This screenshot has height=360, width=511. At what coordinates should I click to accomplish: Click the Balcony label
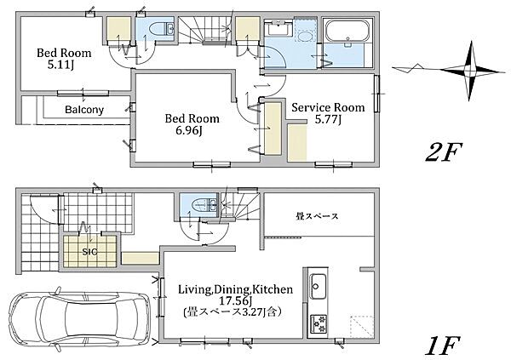click(84, 110)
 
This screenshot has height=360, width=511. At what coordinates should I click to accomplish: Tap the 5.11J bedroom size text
click(60, 66)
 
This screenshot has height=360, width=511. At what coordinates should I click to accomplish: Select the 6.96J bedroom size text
click(189, 131)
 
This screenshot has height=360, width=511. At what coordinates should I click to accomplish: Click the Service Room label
click(328, 107)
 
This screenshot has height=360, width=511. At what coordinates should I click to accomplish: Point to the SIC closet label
click(89, 252)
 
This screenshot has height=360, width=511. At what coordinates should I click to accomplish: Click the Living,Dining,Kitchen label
click(235, 289)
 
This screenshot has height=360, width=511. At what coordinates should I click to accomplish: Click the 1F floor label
click(443, 346)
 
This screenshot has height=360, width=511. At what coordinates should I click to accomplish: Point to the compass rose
click(468, 70)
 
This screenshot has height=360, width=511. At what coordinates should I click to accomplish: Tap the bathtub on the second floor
click(348, 31)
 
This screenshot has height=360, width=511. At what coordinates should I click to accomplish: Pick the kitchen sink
click(318, 286)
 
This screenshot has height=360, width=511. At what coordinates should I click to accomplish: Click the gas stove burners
click(318, 323)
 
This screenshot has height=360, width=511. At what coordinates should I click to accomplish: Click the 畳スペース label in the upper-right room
click(317, 215)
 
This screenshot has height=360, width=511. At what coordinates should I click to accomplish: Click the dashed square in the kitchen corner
click(362, 327)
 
